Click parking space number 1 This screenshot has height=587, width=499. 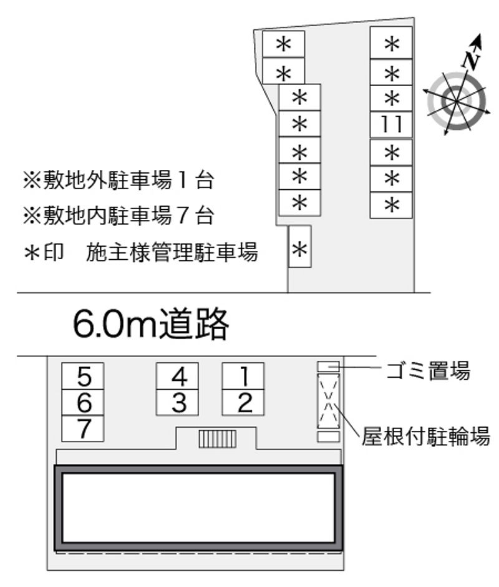pos(243,376)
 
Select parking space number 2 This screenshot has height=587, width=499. pos(243,402)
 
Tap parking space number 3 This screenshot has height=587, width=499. pos(177,402)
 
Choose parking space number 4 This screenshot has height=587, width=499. pos(177,376)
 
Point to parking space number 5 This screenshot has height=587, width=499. pos(83,376)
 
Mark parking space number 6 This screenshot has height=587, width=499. pos(83,402)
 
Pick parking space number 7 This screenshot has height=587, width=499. pos(83,428)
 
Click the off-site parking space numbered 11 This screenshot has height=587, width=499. pos(391,124)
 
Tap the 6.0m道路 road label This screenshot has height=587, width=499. pos(151,324)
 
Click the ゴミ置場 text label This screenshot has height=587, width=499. pos(428,370)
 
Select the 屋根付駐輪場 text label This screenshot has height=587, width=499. pos(425,437)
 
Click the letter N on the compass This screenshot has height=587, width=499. pos(471,60)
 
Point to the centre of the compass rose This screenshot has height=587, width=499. pos(457,101)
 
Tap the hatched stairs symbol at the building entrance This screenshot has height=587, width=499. pos(217,439)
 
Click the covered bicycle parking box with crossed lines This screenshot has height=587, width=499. pos(329,402)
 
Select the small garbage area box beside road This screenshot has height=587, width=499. pos(329,367)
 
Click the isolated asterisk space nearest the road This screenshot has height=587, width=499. pos(299,246)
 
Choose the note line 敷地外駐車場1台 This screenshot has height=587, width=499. pos(119,180)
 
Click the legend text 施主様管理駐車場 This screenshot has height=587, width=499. pos(172,252)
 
